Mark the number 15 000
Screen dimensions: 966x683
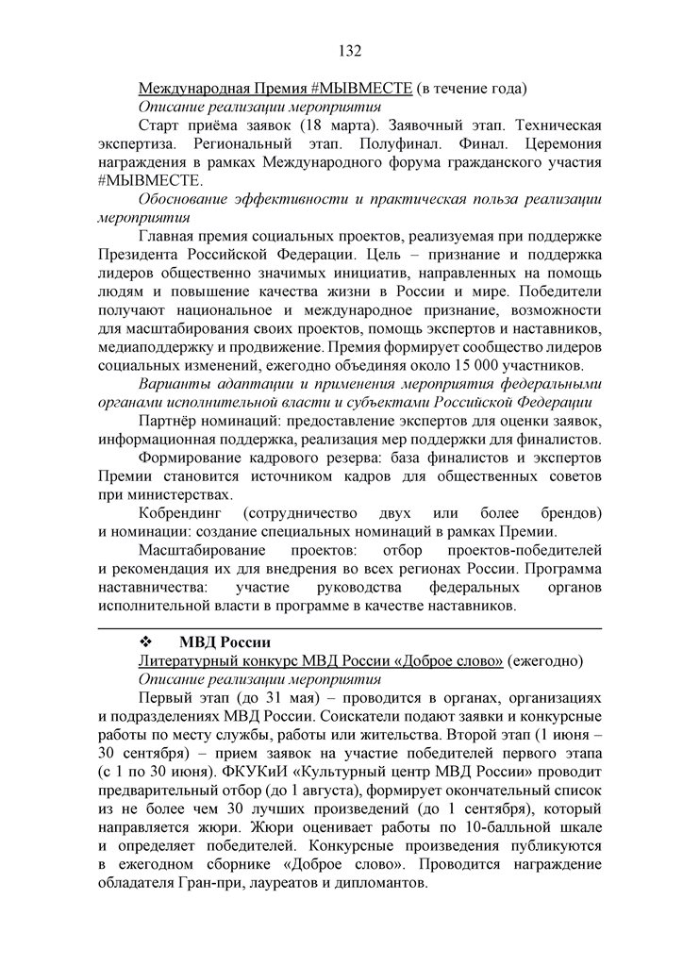(457, 364)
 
